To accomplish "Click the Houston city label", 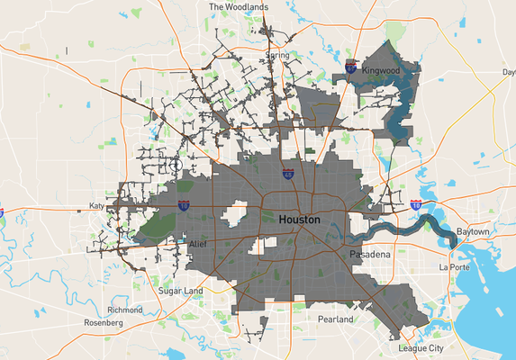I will click(x=300, y=220).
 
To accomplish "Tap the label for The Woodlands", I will click(x=239, y=6).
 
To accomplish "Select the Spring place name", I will click(x=276, y=55).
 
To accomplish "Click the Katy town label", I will click(x=96, y=206).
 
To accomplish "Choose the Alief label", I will click(x=199, y=244).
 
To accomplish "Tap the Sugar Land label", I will click(x=181, y=292).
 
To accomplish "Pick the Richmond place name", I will click(x=124, y=310).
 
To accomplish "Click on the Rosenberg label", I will click(x=102, y=322).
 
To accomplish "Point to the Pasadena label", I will click(x=369, y=256).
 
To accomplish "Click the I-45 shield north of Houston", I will click(x=287, y=175).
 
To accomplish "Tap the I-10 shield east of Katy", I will click(x=184, y=206).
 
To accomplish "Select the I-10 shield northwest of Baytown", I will click(x=416, y=205).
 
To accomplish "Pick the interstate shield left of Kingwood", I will click(x=350, y=67).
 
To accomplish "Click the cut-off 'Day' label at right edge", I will click(x=508, y=72).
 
